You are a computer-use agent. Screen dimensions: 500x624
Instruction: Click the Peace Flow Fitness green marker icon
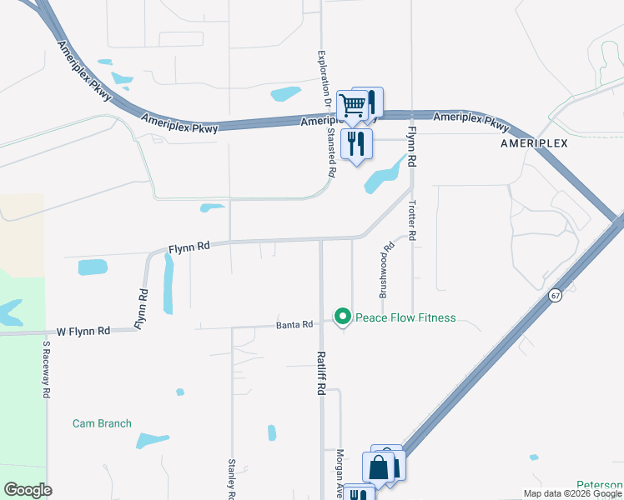point(342,317)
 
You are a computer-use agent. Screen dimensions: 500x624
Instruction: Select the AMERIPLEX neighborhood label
point(534,143)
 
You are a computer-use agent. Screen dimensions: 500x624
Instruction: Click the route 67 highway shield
point(555,296)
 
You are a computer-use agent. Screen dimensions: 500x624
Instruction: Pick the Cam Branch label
point(102,423)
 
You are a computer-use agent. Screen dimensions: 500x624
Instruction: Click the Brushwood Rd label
point(385,271)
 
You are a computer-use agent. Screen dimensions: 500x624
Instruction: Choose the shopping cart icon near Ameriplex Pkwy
point(353,106)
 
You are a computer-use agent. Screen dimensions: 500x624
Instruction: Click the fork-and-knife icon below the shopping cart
point(357,143)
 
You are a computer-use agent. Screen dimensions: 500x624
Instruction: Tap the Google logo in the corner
point(28,490)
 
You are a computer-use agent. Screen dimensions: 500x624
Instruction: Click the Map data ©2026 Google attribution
point(572,493)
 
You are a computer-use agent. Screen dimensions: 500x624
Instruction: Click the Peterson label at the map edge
point(600,485)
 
